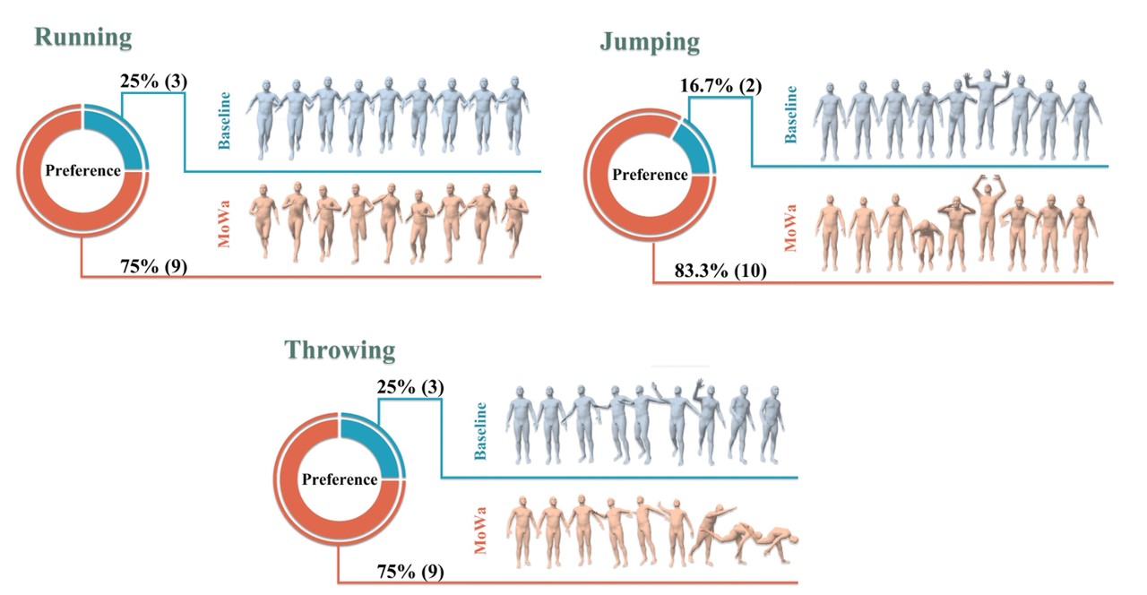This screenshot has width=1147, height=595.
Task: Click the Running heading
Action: [82, 39]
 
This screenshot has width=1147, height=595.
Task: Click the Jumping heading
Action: [650, 43]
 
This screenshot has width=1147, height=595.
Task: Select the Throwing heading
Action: [340, 349]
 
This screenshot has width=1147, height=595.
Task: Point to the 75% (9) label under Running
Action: [154, 267]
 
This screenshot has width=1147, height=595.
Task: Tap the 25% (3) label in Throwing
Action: [408, 387]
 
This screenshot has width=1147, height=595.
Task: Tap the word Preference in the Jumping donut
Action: [650, 175]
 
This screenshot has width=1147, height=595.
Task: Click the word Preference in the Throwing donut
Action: [340, 479]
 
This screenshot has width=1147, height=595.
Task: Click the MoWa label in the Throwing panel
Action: [480, 530]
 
